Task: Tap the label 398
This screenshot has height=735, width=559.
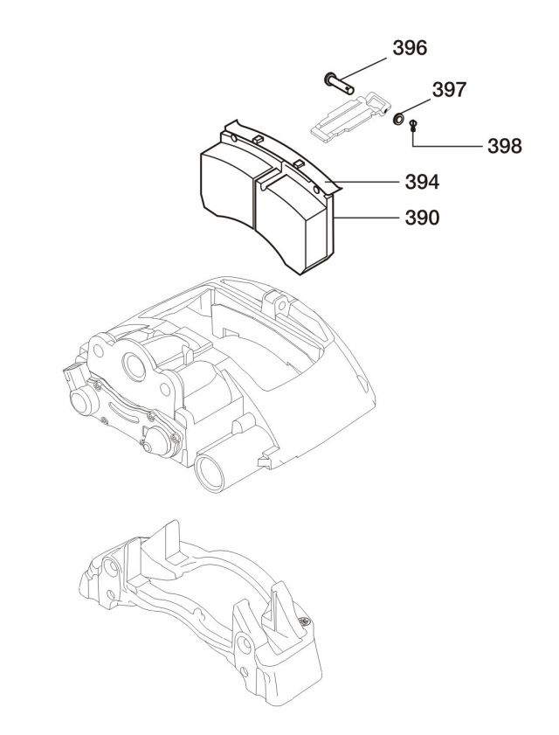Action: pyautogui.click(x=504, y=145)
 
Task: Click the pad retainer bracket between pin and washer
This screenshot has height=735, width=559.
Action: pyautogui.click(x=346, y=113)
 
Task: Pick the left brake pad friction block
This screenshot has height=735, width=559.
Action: pyautogui.click(x=229, y=184)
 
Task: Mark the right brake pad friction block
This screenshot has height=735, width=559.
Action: pyautogui.click(x=293, y=218)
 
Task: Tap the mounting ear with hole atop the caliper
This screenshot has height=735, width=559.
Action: pyautogui.click(x=279, y=307)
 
